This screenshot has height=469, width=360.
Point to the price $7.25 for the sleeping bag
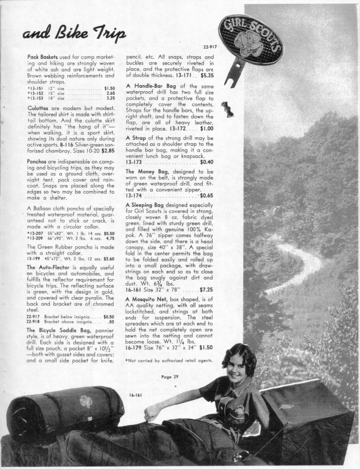point(206,290)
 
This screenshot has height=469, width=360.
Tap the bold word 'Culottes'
point(39,109)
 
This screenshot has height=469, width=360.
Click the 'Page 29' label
point(169,377)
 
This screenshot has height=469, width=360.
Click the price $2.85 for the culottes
point(108,151)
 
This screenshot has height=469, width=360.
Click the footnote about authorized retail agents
point(169,361)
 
